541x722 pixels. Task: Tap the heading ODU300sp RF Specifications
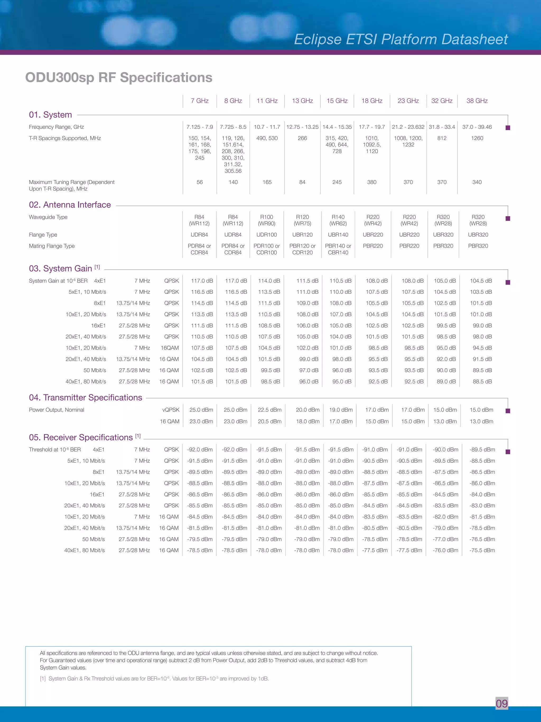coord(119,78)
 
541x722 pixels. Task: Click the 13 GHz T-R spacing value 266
coord(302,138)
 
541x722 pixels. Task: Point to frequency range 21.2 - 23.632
coord(408,127)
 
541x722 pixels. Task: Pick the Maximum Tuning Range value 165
coord(267,182)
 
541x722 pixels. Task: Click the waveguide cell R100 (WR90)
coord(267,220)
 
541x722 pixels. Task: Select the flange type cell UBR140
coord(338,235)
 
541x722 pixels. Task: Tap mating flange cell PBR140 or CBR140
coord(338,249)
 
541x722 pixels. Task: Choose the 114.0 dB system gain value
coord(269,281)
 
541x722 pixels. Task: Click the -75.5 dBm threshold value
coord(482,550)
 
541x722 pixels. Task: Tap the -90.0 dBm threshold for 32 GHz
coord(445,450)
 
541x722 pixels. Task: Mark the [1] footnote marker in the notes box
coord(43,679)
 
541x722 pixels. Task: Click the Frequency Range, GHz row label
coord(57,127)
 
